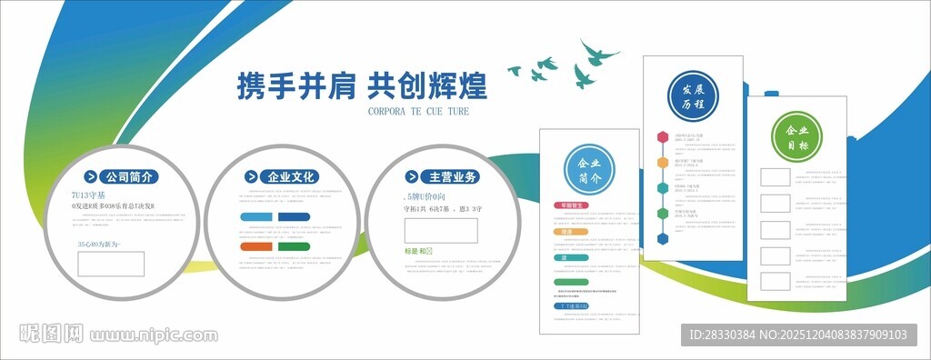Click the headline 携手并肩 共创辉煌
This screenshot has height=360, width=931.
point(361,85)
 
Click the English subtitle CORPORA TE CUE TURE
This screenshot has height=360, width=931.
point(417,112)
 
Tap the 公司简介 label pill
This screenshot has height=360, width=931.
point(121,176)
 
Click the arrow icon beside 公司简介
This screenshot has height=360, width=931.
point(91,176)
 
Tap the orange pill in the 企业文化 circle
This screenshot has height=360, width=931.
point(255,246)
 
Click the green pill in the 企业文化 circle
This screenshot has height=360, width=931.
point(294,246)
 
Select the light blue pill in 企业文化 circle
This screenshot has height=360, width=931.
point(257,216)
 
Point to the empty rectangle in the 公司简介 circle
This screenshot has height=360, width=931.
point(111,264)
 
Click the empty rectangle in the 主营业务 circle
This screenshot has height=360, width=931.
point(441,230)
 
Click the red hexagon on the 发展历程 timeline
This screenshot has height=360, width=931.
point(664,137)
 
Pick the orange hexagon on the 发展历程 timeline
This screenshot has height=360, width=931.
point(664,163)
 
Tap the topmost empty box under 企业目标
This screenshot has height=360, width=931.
point(776,176)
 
